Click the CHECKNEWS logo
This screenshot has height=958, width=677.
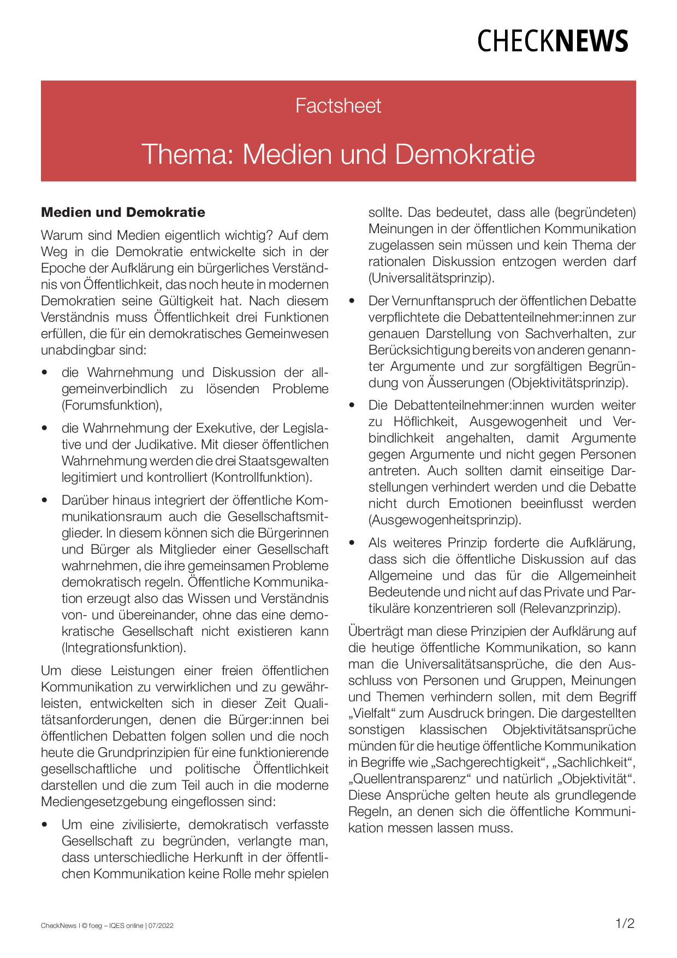[553, 42]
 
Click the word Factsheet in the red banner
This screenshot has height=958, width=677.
[338, 105]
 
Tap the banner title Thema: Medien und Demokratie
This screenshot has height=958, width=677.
[338, 154]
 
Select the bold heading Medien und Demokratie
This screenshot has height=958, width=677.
[123, 212]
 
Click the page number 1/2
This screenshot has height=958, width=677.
[625, 924]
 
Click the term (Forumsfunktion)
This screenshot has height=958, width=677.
[112, 405]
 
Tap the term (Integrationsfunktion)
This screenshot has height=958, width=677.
[124, 648]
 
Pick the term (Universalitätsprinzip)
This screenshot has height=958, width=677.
[431, 278]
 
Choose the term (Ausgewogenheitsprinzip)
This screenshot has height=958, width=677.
[445, 520]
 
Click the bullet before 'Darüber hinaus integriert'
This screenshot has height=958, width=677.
[45, 500]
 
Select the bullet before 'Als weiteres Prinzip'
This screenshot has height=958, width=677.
[352, 543]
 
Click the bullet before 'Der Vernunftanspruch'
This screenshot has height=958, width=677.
[352, 301]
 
